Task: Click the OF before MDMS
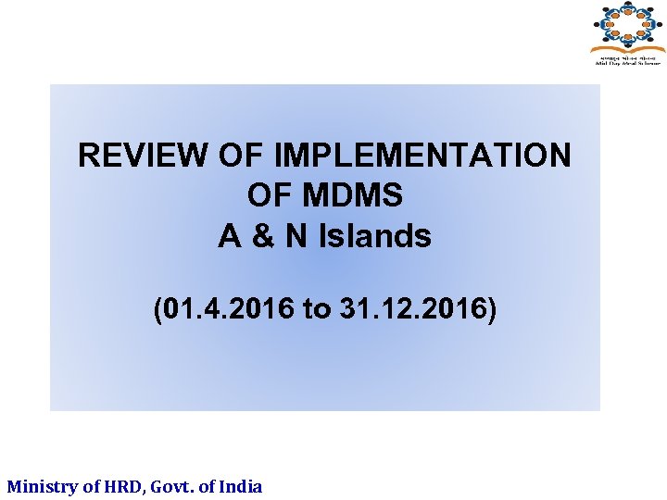(270, 195)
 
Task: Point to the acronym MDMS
(351, 195)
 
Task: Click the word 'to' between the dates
(316, 309)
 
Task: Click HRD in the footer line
(124, 486)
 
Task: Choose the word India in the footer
(242, 486)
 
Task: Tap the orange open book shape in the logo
(628, 44)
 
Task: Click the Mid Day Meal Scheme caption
(628, 61)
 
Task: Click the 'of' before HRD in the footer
(93, 486)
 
